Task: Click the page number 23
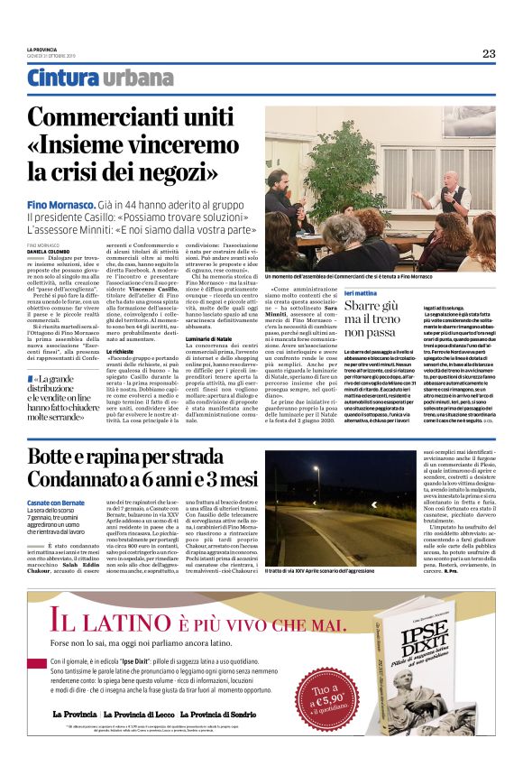point(488,53)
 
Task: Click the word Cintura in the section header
point(63,78)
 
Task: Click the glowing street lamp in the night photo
point(316,467)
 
